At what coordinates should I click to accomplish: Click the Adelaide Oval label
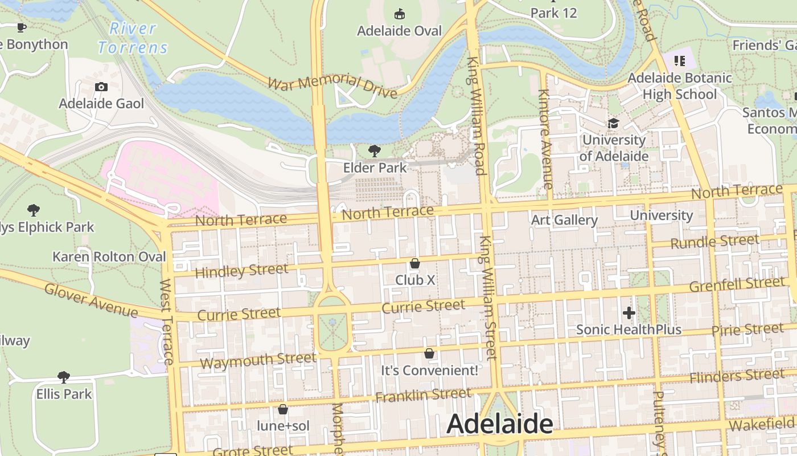(x=399, y=31)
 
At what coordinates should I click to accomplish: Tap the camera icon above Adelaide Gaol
(x=101, y=87)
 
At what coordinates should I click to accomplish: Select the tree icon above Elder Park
(x=375, y=150)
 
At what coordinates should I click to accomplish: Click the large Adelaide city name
(x=500, y=424)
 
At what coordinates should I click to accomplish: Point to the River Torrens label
(x=133, y=38)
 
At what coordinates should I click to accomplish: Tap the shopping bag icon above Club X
(x=415, y=263)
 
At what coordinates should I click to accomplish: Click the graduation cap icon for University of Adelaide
(x=613, y=123)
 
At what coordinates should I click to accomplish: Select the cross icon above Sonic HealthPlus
(x=628, y=312)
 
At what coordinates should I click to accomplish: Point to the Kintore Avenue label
(x=545, y=139)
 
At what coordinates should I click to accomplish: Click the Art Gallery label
(x=564, y=220)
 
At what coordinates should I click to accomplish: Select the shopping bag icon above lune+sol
(x=282, y=409)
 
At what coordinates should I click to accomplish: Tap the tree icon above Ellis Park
(x=64, y=377)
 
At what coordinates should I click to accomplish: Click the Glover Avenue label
(x=91, y=300)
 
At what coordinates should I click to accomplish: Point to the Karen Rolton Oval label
(x=109, y=256)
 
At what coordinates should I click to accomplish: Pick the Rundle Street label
(x=714, y=242)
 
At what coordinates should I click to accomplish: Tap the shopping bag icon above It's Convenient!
(x=429, y=354)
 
